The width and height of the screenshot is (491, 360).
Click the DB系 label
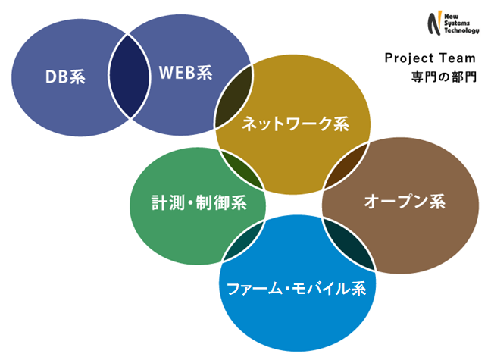65,77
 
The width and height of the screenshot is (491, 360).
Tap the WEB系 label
186,73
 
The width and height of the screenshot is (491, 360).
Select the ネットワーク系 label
296,123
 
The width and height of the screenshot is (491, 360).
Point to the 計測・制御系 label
199,202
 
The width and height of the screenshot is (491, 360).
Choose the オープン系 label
405,201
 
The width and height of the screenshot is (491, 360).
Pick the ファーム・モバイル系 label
296,288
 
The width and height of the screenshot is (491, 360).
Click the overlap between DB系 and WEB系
129,77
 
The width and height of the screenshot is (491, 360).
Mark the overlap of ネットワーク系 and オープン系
345,165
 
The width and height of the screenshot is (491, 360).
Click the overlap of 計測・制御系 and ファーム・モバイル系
244,240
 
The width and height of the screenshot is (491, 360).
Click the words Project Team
430,58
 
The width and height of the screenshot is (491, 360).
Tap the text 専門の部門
444,77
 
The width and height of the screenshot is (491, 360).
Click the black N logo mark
435,23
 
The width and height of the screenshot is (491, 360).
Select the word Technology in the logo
461,30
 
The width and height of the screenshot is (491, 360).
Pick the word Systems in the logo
457,23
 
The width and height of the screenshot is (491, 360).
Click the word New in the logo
452,16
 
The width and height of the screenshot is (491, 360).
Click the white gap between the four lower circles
294,205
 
